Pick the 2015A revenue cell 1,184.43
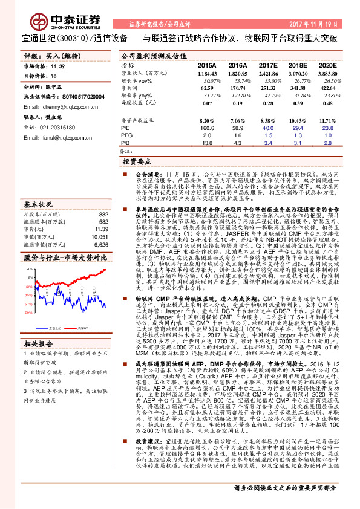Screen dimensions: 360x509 tap(206, 72)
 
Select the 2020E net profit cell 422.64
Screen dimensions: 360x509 tap(327, 88)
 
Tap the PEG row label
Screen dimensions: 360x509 tap(126, 136)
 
